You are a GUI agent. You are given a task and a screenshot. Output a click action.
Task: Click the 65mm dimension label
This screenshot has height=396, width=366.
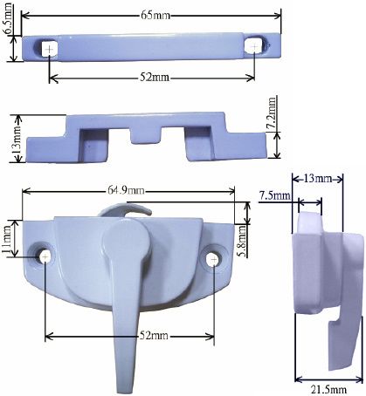coord(155,15)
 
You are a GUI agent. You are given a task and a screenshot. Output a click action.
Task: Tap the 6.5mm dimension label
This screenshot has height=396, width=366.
coord(8,18)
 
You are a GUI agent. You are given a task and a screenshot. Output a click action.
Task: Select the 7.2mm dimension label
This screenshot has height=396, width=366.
coord(273,113)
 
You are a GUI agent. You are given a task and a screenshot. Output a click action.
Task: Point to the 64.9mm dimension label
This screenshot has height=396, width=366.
coord(126,191)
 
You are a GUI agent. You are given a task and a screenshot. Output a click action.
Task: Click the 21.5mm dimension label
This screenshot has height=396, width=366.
coord(328,390)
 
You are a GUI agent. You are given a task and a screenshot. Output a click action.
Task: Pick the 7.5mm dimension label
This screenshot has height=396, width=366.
coord(274,195)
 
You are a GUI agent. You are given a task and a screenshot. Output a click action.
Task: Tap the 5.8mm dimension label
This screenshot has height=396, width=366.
coord(243,241)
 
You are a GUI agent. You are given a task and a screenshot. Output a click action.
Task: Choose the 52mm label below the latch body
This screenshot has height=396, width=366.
coord(154,336)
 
